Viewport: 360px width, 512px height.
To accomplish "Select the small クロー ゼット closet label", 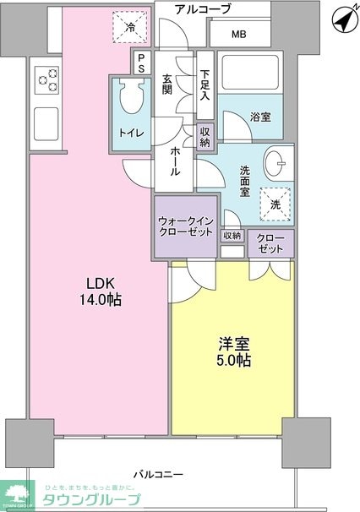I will pos(270,242).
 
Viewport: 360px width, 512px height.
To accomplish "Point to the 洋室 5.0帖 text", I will pos(232,351).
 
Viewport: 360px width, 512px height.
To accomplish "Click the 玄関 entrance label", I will pos(167,85).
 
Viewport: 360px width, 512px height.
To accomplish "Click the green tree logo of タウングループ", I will pos(16,493).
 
